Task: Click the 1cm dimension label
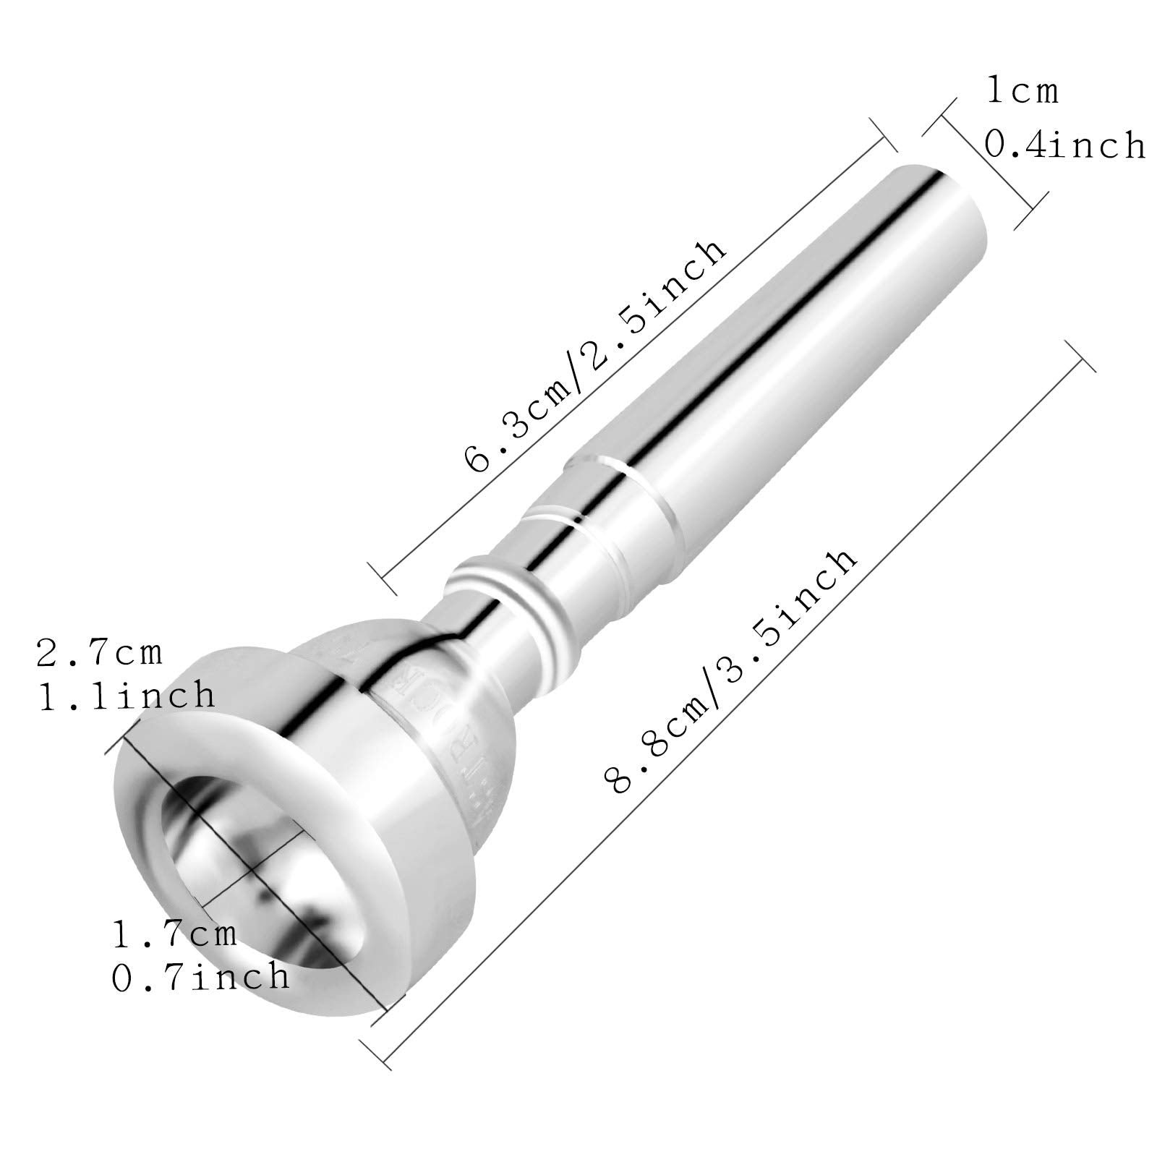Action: click(1022, 92)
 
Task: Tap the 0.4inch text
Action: click(1064, 145)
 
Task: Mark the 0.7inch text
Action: click(200, 977)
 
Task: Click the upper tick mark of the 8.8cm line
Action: click(1080, 355)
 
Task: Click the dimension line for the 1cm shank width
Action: click(985, 163)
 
